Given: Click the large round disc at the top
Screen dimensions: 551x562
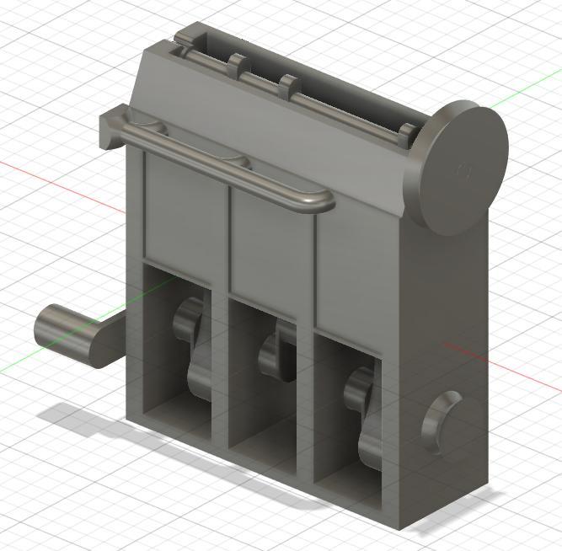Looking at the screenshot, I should (x=461, y=169).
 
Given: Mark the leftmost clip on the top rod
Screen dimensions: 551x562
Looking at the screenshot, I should (x=237, y=64).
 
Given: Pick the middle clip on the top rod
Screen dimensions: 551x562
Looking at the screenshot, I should (x=288, y=85).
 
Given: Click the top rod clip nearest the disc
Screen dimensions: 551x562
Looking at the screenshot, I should (x=406, y=132).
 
